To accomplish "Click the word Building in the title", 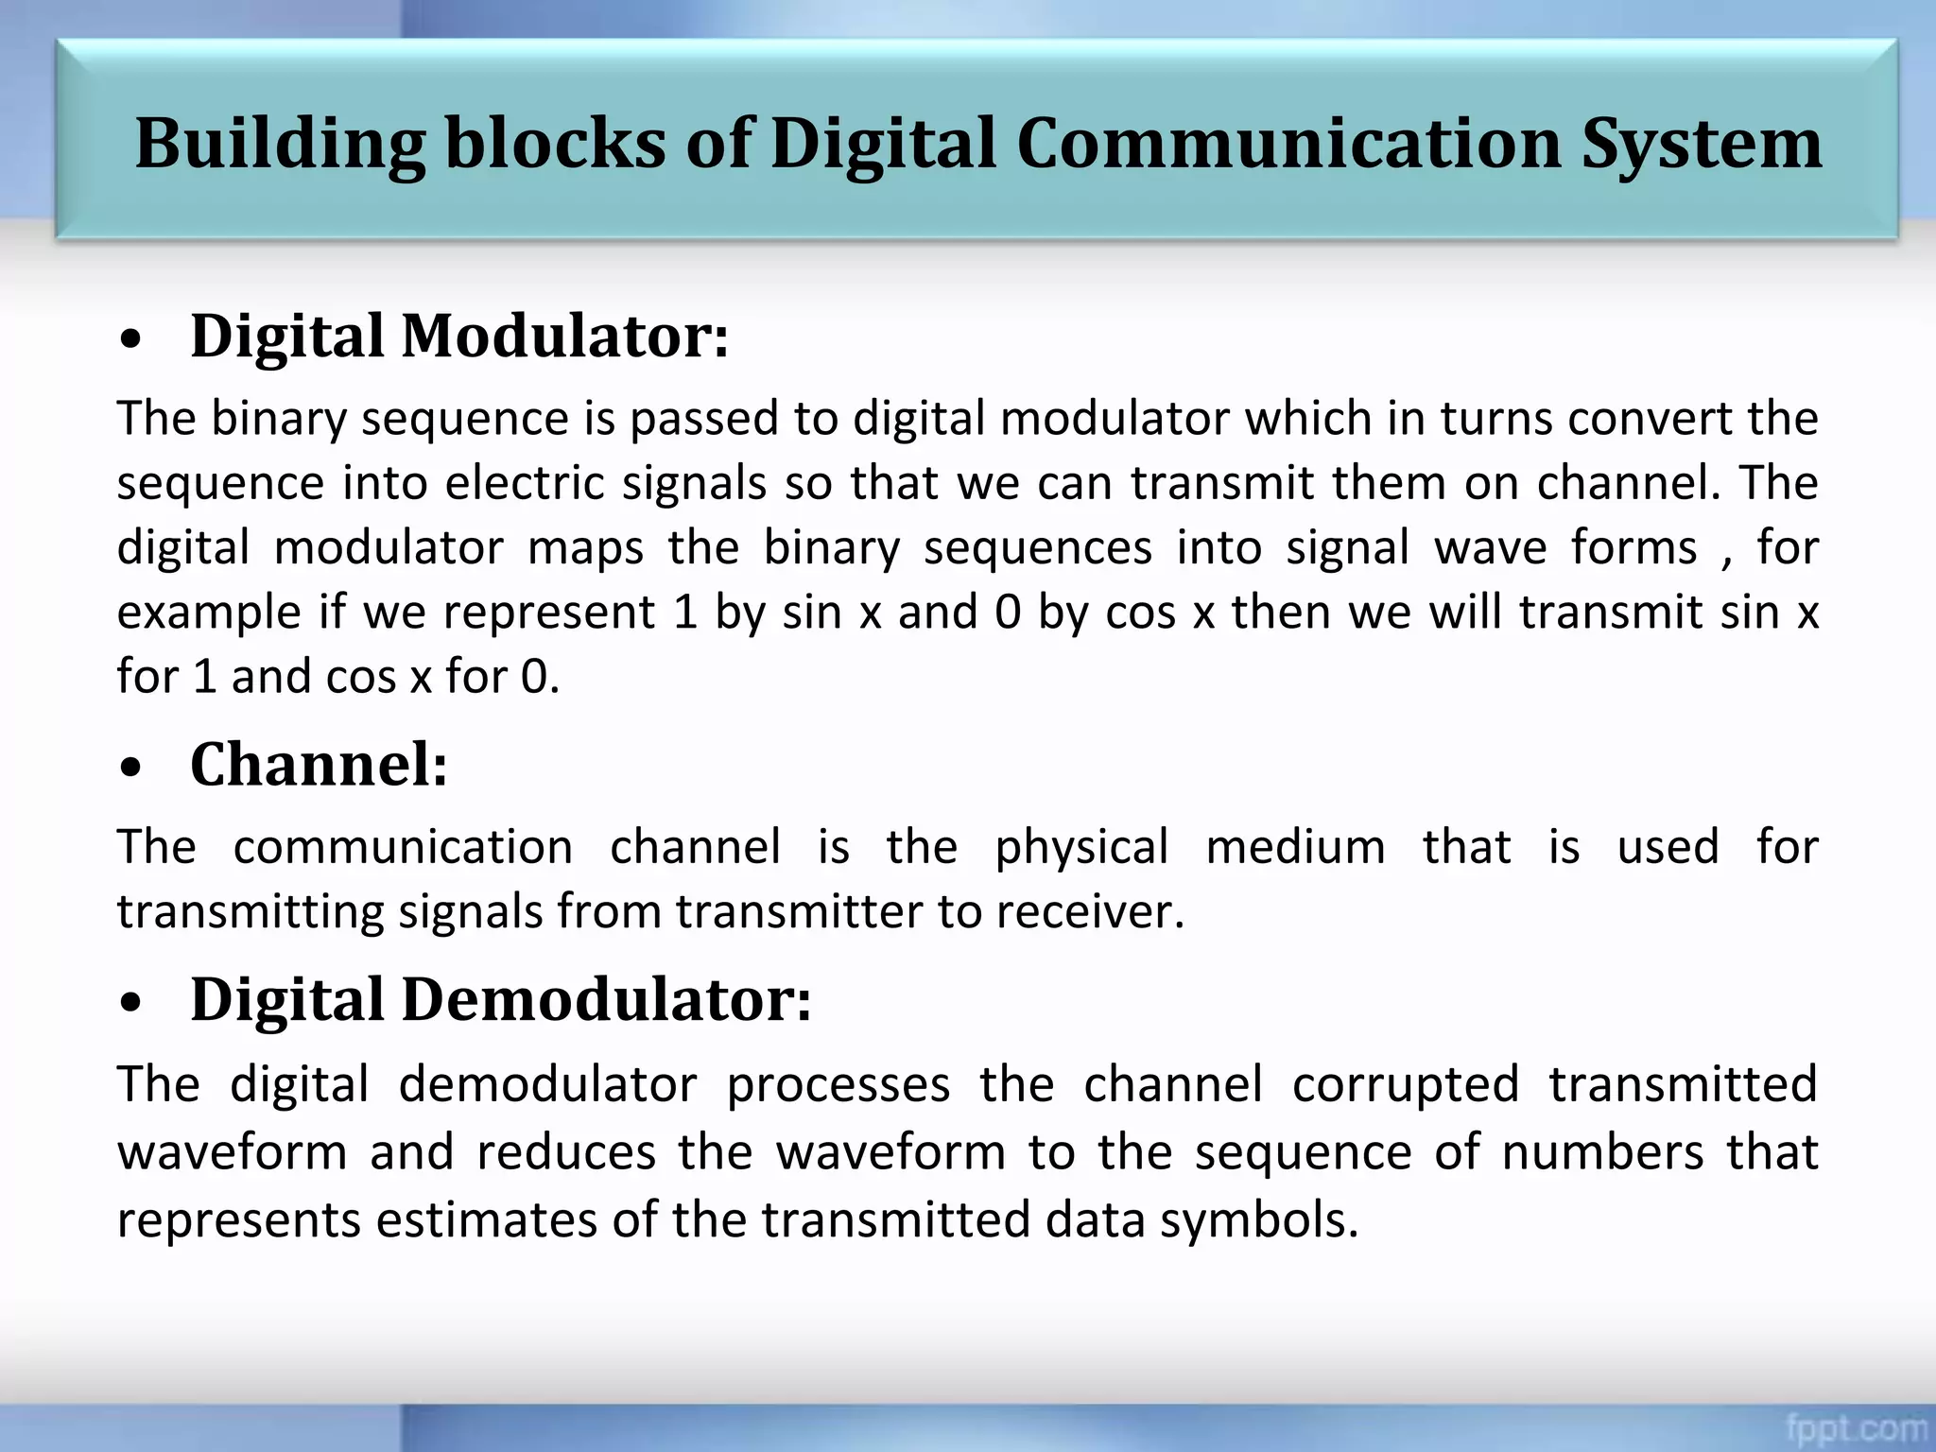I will coord(280,145).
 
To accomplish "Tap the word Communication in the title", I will coord(1288,145).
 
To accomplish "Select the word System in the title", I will coord(1702,145).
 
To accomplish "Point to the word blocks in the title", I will coord(555,145).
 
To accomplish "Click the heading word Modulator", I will coord(564,337).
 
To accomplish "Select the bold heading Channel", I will coord(319,765).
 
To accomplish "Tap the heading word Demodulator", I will coord(606,1000).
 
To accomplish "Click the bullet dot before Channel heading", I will coord(131,769).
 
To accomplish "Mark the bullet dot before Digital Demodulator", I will coord(131,1005).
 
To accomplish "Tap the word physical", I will coord(1081,848).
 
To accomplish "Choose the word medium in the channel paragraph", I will coord(1296,848).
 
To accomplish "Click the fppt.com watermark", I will coord(1856,1426).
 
